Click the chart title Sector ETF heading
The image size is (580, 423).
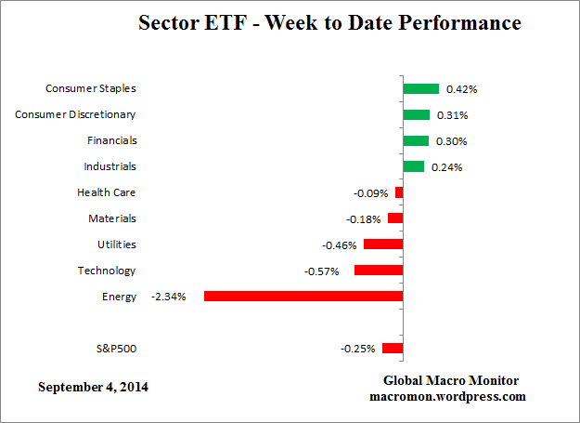pyautogui.click(x=329, y=21)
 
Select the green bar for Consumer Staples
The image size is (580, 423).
pyautogui.click(x=420, y=88)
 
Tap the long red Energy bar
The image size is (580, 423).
pyautogui.click(x=303, y=297)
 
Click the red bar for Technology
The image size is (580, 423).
pyautogui.click(x=379, y=271)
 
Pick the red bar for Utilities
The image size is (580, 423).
pyautogui.click(x=383, y=245)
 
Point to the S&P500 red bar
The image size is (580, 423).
pyautogui.click(x=393, y=349)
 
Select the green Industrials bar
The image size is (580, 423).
pyautogui.click(x=413, y=166)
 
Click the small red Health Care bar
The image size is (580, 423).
pyautogui.click(x=399, y=192)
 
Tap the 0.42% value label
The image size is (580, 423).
pyautogui.click(x=461, y=89)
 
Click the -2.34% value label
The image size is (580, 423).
pyautogui.click(x=170, y=297)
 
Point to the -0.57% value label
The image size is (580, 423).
pyautogui.click(x=322, y=271)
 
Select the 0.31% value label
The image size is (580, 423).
pyautogui.click(x=452, y=115)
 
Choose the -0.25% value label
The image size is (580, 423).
pyautogui.click(x=357, y=350)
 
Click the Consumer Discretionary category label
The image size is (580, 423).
pyautogui.click(x=76, y=114)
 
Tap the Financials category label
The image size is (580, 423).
pyautogui.click(x=111, y=140)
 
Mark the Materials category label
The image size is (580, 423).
pyautogui.click(x=112, y=218)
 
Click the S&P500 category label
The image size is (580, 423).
pyautogui.click(x=116, y=349)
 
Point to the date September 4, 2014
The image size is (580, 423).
pyautogui.click(x=93, y=386)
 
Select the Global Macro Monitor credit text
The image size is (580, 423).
pyautogui.click(x=451, y=381)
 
